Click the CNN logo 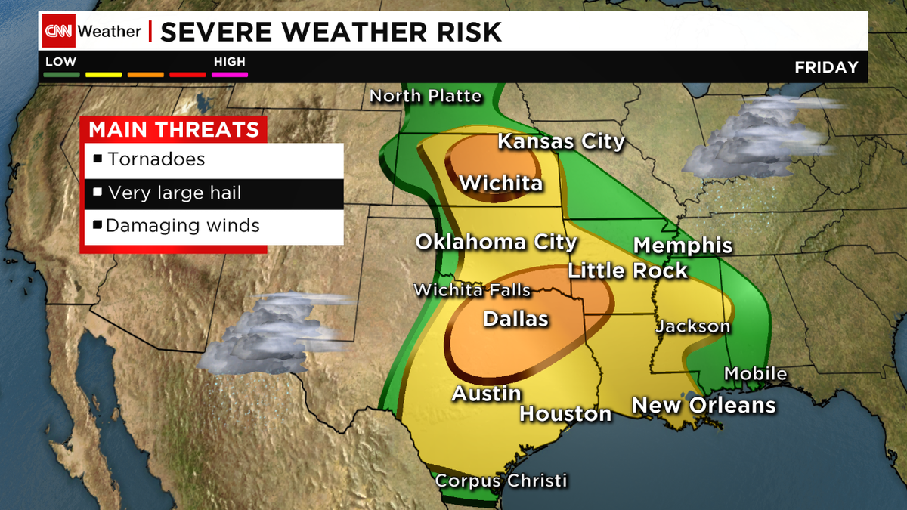(x=58, y=32)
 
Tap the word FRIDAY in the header (x=826, y=67)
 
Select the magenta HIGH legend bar (x=231, y=74)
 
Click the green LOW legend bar (x=60, y=74)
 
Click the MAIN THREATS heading (x=174, y=129)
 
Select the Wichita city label (x=500, y=183)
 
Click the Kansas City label (x=561, y=141)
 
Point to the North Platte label (x=425, y=96)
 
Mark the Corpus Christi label (x=500, y=481)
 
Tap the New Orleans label (x=703, y=405)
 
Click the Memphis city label (x=683, y=245)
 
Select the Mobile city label (x=755, y=373)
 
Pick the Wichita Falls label (x=472, y=291)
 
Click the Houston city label (x=565, y=413)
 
